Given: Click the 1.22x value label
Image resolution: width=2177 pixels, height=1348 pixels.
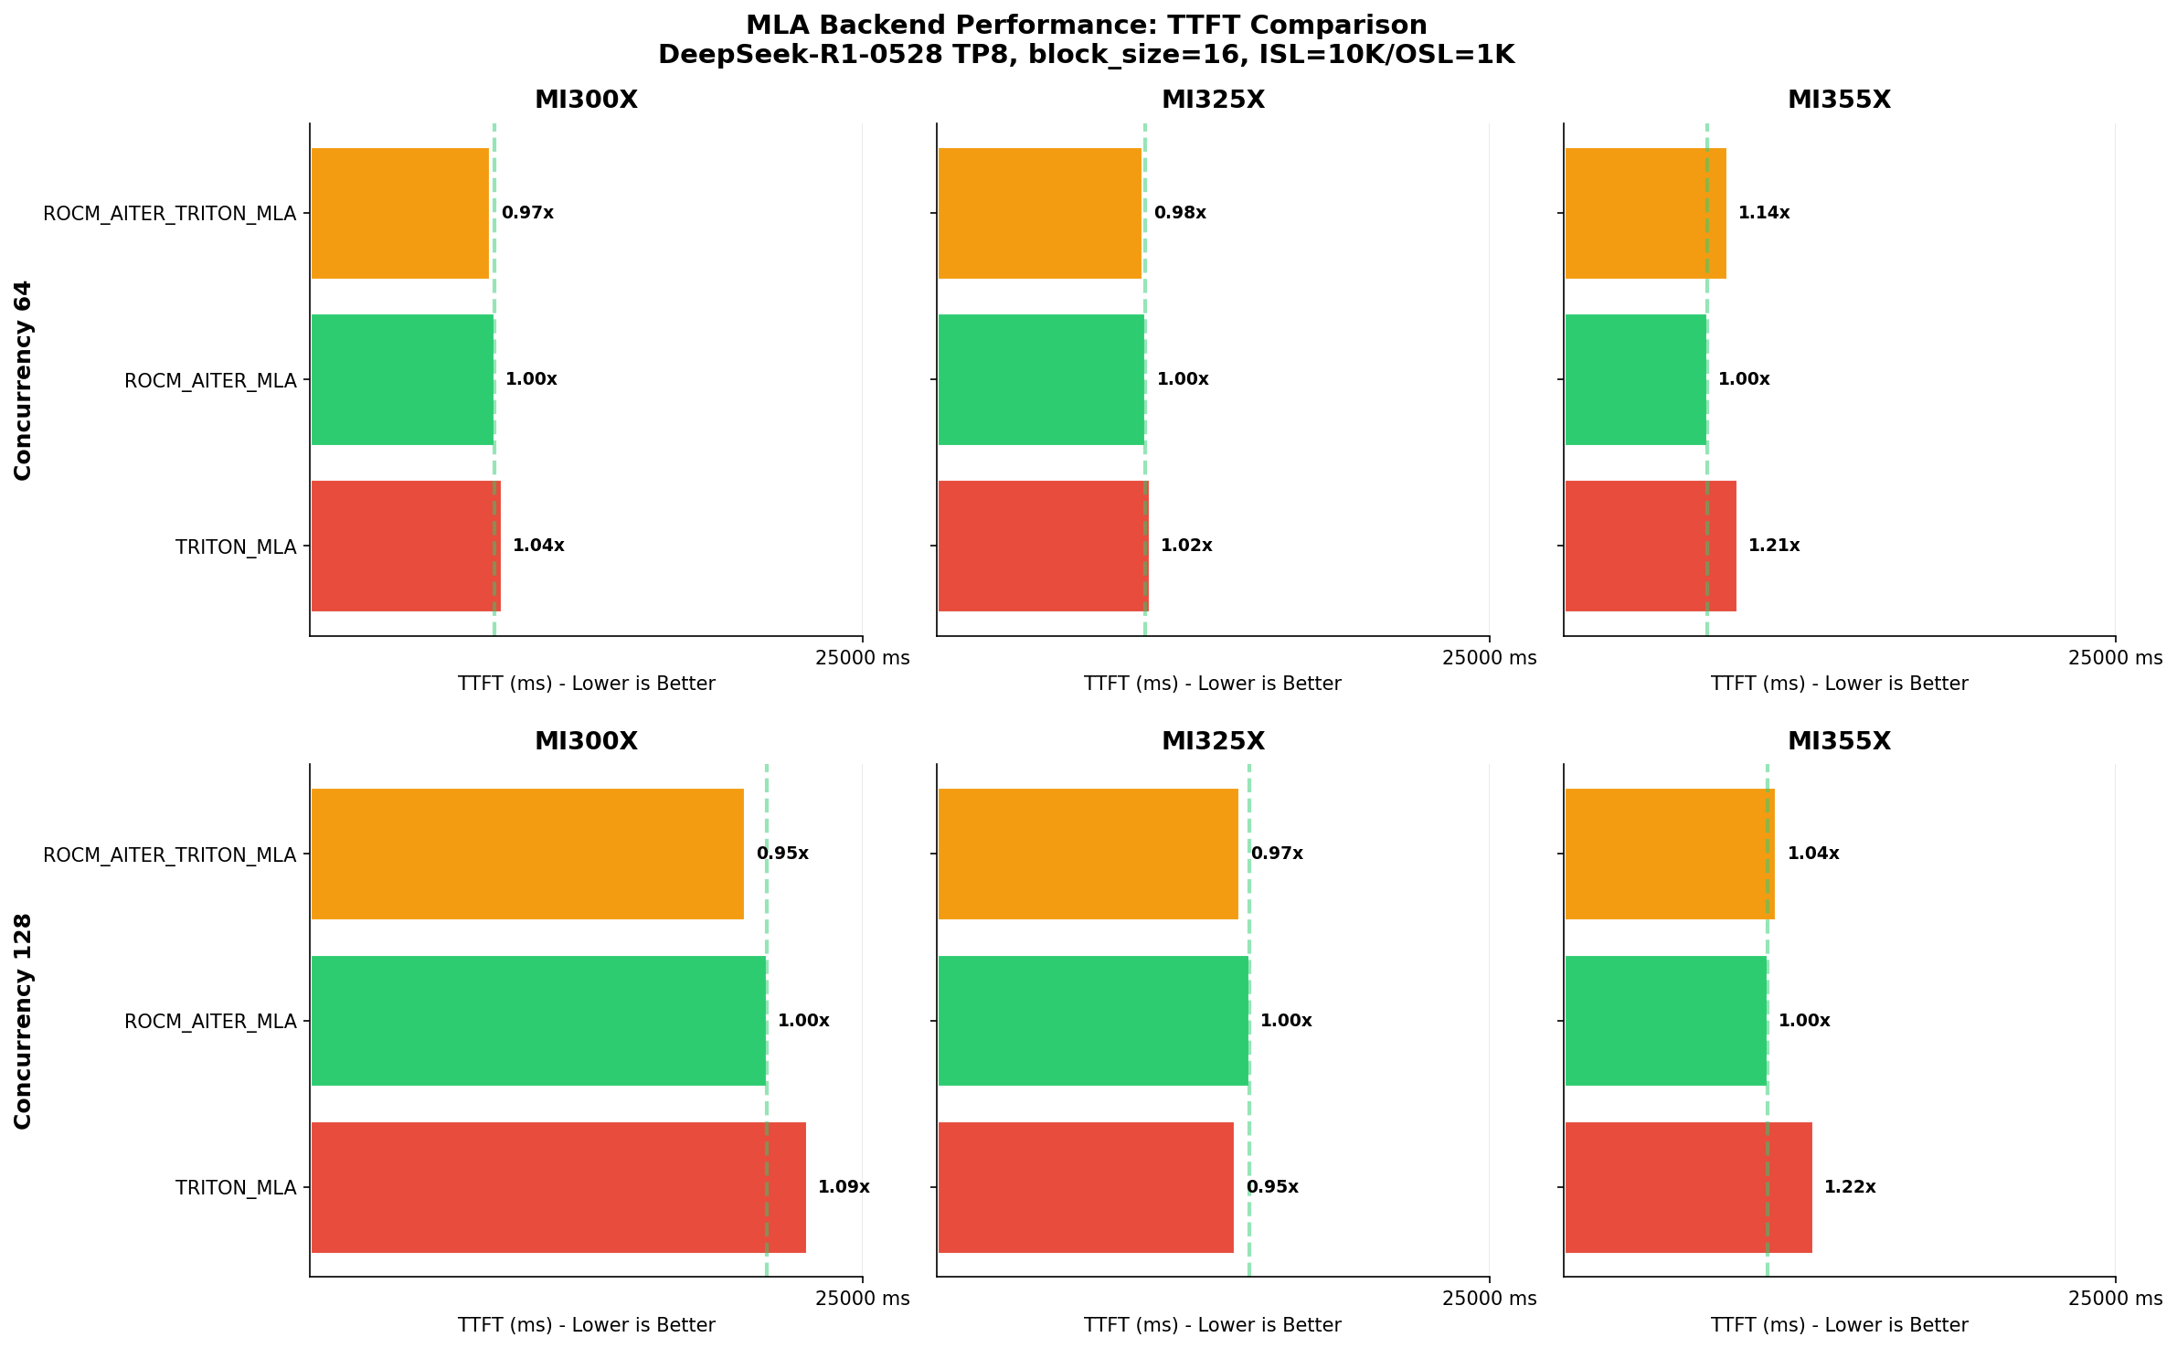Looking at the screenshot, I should (x=1849, y=1187).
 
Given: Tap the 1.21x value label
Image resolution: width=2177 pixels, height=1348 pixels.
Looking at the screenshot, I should (x=1773, y=546).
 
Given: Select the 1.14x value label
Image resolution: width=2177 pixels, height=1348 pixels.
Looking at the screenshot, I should (x=1763, y=213).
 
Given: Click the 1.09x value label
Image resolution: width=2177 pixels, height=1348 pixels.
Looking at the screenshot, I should (x=843, y=1187).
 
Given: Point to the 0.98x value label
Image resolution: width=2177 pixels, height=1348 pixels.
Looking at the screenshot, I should (x=1179, y=213).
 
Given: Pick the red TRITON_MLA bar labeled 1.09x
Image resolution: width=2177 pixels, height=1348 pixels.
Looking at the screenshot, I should (x=558, y=1187).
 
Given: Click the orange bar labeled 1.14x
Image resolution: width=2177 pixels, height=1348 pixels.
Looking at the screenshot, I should (x=1645, y=213).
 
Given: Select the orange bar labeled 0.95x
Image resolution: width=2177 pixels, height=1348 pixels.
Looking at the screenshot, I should (x=527, y=854).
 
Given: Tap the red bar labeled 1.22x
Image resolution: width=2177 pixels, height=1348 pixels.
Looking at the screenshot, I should (x=1688, y=1187).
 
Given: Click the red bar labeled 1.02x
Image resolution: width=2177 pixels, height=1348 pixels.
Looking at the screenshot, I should (x=1043, y=546).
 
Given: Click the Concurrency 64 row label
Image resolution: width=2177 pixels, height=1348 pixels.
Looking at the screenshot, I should (x=23, y=379).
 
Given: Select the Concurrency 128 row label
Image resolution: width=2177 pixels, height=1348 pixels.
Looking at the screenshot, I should (x=23, y=1021).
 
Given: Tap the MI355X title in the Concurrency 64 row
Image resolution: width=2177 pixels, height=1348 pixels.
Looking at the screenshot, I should (x=1839, y=100).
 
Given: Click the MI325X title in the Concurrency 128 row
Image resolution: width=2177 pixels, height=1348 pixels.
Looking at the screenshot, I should (x=1213, y=741).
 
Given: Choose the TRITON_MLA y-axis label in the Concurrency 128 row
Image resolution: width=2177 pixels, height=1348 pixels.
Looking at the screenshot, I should (x=236, y=1188).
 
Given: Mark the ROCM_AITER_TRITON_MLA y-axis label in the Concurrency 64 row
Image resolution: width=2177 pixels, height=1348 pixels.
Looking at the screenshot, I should (x=170, y=214).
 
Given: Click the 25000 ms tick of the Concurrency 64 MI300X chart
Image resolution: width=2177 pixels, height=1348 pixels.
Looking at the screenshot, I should (x=862, y=658).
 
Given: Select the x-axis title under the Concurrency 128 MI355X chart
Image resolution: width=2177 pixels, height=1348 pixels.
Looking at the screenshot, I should (x=1839, y=1325).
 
